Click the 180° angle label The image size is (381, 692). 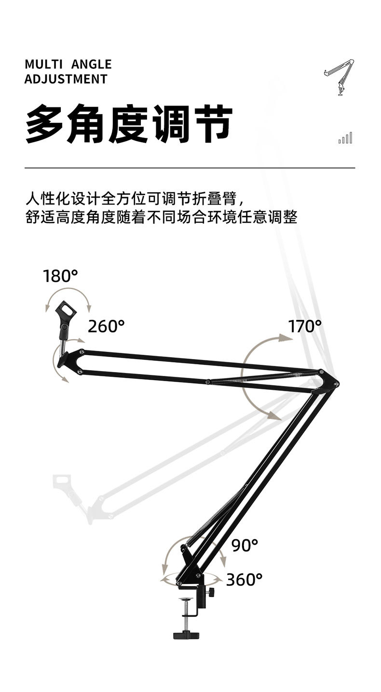tap(60, 276)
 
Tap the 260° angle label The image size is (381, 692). tap(106, 326)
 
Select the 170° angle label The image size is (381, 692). tap(305, 326)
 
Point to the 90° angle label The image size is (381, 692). tap(245, 545)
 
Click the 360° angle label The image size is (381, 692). tap(244, 579)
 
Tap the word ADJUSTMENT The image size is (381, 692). tap(66, 79)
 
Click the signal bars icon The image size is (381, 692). tap(345, 138)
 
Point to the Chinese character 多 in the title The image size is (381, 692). tap(44, 124)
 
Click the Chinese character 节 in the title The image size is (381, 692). tap(210, 124)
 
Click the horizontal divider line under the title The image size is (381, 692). tap(190, 168)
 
